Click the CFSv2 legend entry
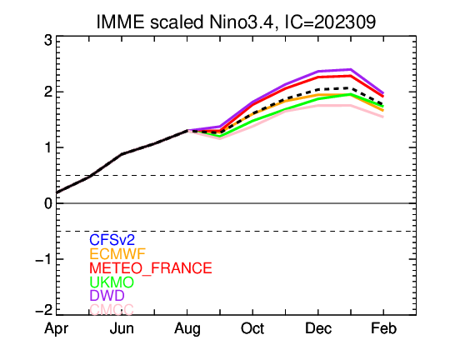[112, 239]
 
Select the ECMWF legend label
[117, 254]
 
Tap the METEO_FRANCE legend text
[151, 268]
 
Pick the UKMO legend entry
[112, 282]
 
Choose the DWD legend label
[107, 295]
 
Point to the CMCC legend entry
[112, 309]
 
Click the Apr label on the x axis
[57, 329]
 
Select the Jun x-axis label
[122, 328]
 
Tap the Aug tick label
[187, 329]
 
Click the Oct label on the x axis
[252, 328]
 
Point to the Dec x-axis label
[318, 328]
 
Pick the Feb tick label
[383, 328]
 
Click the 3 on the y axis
[48, 41]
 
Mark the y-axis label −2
[44, 310]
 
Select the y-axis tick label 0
[48, 203]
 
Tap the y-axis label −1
[44, 259]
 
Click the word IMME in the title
[120, 22]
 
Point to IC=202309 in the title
[330, 22]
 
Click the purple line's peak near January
[351, 69]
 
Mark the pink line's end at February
[383, 117]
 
